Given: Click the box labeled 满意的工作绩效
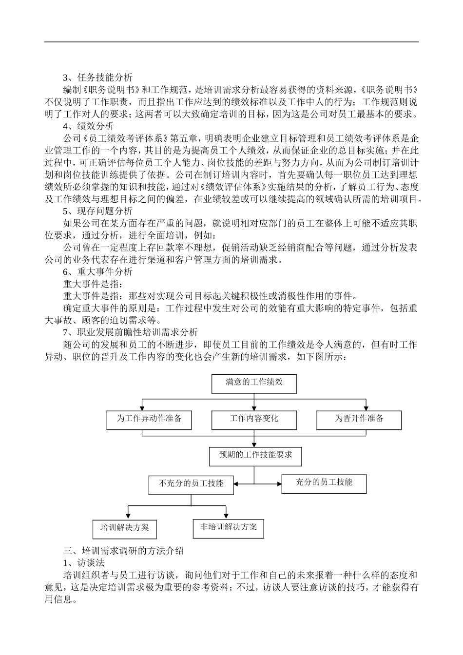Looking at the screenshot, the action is (x=254, y=383).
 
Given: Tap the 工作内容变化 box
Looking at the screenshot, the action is (x=254, y=420).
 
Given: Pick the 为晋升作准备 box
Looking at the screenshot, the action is (x=359, y=420).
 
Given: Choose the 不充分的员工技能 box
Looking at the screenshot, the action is (x=191, y=484).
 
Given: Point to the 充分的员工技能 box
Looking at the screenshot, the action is (x=324, y=483).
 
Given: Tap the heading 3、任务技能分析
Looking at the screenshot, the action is (x=97, y=77).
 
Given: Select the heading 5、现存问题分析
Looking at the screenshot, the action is (x=97, y=211).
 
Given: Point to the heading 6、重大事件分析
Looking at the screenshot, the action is (x=97, y=271).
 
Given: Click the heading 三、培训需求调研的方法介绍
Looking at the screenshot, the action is (x=124, y=551).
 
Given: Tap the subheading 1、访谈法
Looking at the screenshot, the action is (x=83, y=563).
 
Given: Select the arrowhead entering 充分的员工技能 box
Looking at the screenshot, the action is (x=279, y=484).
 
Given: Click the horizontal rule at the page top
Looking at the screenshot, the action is (x=231, y=42).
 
